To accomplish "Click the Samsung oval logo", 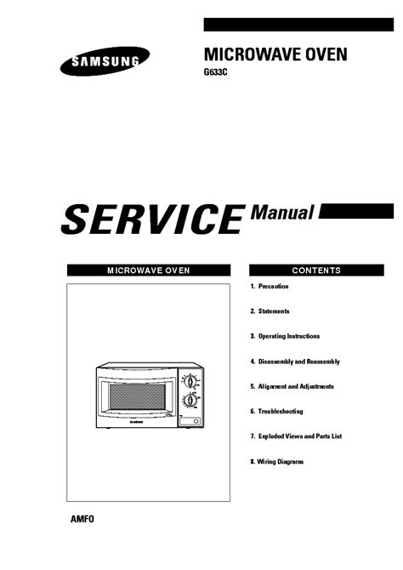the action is click(105, 61).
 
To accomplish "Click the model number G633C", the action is click(215, 72).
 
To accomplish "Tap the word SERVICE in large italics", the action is click(153, 219).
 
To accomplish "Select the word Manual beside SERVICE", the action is click(281, 213).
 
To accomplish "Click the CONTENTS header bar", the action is click(316, 270).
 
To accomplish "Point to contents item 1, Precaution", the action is click(270, 287).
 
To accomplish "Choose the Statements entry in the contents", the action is click(270, 311).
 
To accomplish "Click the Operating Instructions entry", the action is click(285, 336).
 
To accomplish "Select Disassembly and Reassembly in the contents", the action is click(295, 362).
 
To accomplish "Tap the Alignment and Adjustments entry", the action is click(292, 386).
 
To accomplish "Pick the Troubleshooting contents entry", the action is click(276, 412).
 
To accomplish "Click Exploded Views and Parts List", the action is click(296, 436).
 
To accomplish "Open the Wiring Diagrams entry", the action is click(276, 462).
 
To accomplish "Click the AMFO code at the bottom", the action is click(82, 519).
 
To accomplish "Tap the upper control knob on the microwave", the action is click(190, 382).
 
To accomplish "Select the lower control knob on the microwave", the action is click(190, 401).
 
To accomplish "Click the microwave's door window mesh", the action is click(138, 396).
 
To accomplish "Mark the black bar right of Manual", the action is click(356, 211).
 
